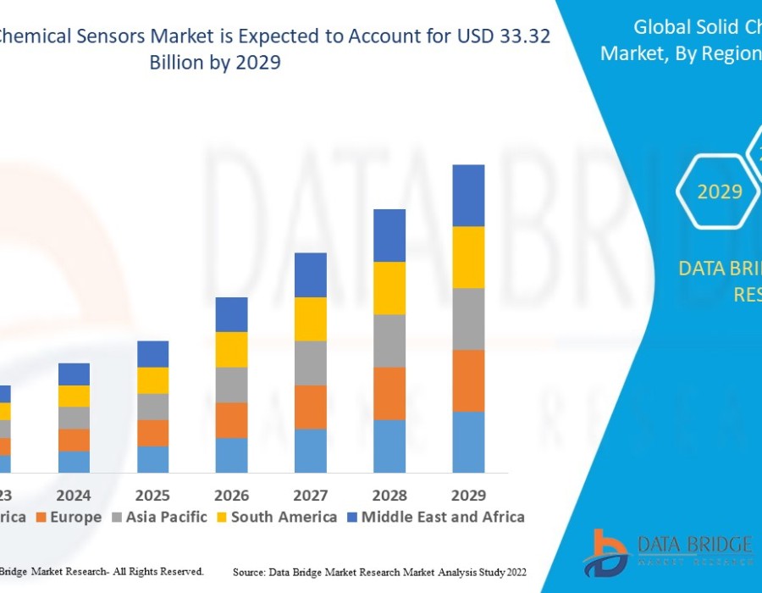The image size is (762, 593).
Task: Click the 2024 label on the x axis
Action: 74,495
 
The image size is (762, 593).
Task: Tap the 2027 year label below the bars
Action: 311,495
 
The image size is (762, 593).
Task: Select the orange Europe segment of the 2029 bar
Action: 468,380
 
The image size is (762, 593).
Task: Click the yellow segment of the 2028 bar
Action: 389,288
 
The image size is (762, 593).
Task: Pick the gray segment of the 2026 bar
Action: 231,385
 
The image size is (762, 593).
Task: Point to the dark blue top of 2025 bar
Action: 152,354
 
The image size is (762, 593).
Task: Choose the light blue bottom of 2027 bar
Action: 311,451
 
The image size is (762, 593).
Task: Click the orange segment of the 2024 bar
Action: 74,440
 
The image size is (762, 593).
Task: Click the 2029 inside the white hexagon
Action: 720,191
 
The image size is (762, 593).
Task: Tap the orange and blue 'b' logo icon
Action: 605,552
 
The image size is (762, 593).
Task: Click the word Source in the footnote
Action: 248,573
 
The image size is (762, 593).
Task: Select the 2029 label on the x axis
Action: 468,495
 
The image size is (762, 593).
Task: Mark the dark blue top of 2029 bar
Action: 468,195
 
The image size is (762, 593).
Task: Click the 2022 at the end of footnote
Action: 513,573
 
